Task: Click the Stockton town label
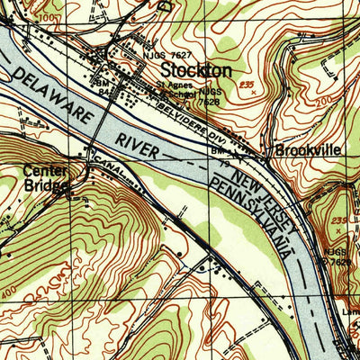196,70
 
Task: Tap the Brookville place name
308,150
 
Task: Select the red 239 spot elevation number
339,220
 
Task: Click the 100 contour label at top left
47,17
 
